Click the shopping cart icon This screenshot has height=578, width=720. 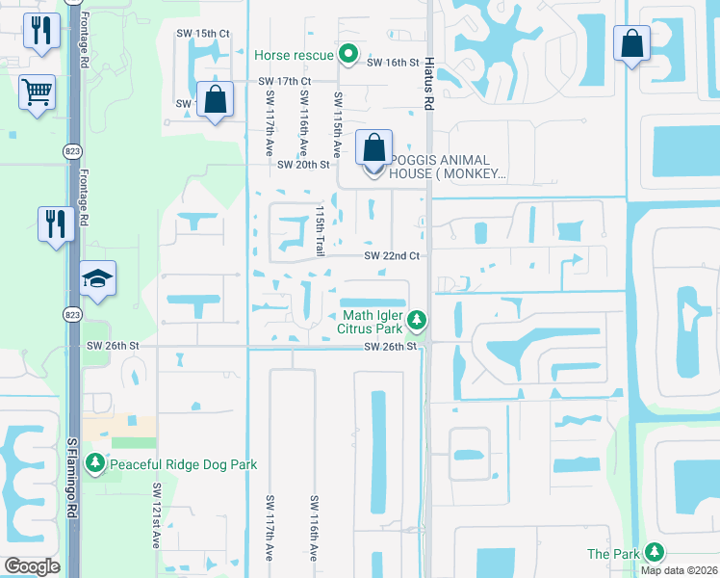37,93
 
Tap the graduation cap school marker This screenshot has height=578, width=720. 97,278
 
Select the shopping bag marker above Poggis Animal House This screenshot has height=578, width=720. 373,148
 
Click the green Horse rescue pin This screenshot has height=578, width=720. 348,55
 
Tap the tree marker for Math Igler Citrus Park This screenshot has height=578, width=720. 416,318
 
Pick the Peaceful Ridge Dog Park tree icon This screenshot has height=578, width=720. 94,464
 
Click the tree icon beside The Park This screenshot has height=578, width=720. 655,552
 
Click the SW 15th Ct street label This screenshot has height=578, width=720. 203,34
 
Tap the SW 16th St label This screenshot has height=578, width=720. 394,63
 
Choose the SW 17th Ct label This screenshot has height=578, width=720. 284,82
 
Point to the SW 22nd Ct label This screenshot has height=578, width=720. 392,255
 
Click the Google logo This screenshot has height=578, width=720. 32,566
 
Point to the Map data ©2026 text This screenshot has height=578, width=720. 680,570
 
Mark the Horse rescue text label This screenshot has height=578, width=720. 294,55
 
